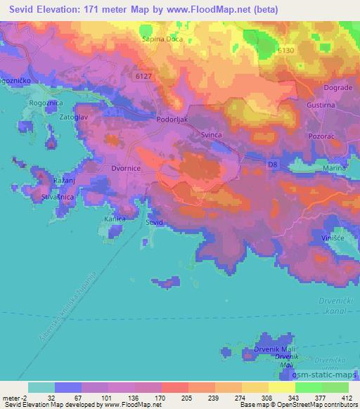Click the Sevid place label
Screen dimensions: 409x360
154,222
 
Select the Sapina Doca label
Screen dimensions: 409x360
161,39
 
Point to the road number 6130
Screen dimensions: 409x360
304,50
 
